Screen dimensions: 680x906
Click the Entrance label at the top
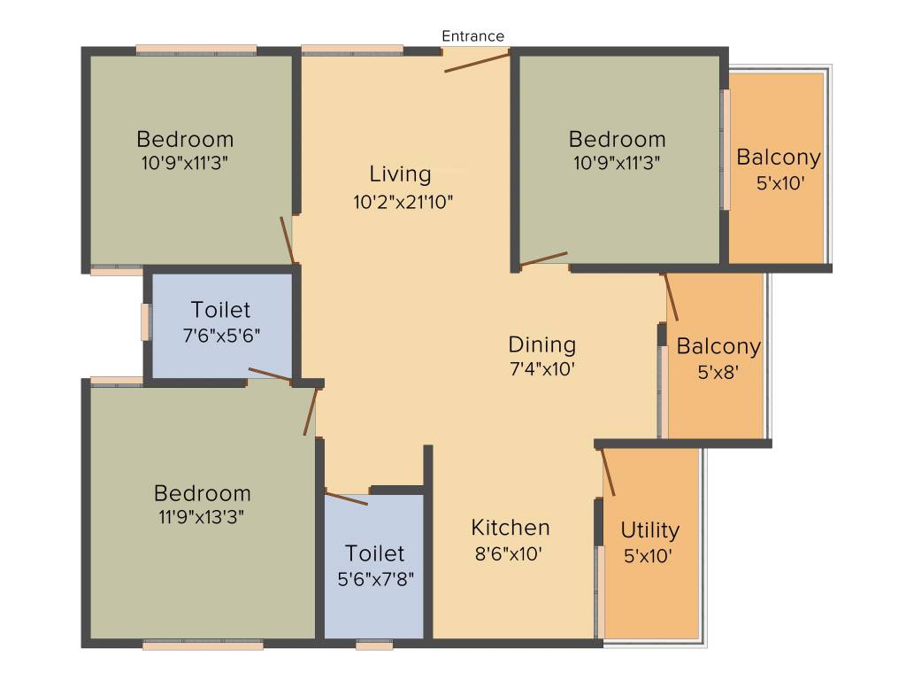coord(472,36)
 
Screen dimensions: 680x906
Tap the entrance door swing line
coord(477,62)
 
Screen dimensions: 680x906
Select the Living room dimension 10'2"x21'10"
coord(403,201)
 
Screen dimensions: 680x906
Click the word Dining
coord(541,344)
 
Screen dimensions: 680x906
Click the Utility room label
coord(649,530)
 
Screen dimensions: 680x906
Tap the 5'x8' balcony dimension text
coord(718,373)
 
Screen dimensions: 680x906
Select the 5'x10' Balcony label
coord(779,158)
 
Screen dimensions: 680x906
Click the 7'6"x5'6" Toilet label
coord(220,311)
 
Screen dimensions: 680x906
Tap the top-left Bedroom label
coord(185,139)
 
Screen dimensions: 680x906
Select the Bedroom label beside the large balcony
coord(617,139)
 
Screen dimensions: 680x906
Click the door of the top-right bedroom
coord(543,259)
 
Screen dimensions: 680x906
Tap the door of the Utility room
coord(608,471)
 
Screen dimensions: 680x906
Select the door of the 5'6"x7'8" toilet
coord(346,497)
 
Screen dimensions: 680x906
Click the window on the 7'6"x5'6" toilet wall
coord(145,321)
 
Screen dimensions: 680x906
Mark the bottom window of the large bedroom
coord(203,645)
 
